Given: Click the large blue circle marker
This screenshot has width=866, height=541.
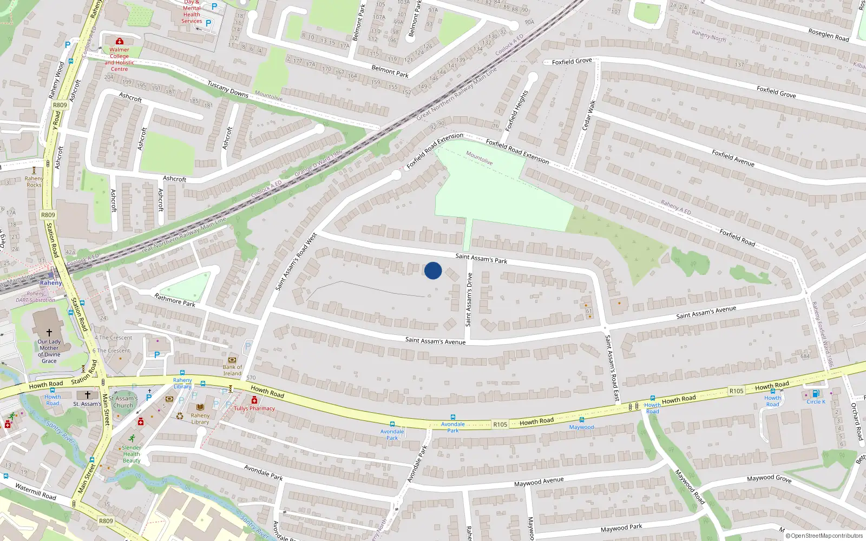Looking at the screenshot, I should [433, 270].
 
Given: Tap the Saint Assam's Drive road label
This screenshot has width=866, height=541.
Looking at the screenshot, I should [469, 300].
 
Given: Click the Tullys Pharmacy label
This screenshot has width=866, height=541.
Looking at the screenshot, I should [254, 408].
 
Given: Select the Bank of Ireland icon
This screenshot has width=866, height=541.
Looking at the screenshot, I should [232, 360].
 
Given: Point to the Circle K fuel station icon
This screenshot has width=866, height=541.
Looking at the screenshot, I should [816, 394].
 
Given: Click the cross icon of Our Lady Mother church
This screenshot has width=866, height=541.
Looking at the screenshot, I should [49, 333].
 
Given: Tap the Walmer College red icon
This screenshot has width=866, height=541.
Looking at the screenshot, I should [120, 41].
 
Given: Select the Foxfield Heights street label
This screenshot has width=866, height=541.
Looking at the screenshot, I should [516, 111].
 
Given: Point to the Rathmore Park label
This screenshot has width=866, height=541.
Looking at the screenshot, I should [175, 300].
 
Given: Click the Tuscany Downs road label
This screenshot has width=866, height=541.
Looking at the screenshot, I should [228, 89].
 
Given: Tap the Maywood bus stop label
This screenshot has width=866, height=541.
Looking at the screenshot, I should [581, 427].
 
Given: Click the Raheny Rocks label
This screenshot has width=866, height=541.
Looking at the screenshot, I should [34, 182].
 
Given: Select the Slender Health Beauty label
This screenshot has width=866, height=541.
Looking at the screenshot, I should [132, 454].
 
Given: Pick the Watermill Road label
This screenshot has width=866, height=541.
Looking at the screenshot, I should [36, 492].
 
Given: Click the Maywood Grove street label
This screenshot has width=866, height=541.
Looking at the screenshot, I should [769, 478].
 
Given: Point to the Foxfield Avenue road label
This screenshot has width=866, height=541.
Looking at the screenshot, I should [733, 158].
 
